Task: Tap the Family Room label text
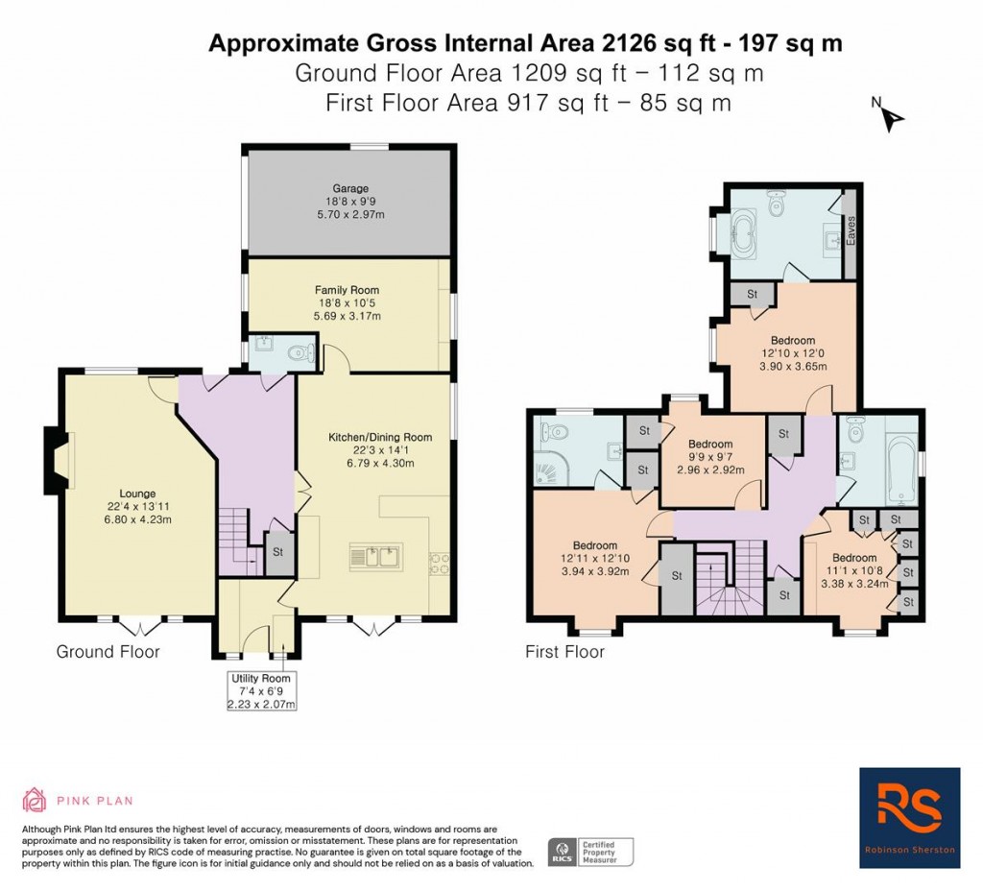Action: pyautogui.click(x=347, y=289)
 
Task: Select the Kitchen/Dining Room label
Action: pyautogui.click(x=379, y=437)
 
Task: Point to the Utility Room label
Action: pyautogui.click(x=253, y=678)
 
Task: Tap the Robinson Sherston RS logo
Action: pyautogui.click(x=909, y=817)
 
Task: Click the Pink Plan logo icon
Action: pyautogui.click(x=35, y=800)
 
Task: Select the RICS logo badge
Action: pyautogui.click(x=561, y=851)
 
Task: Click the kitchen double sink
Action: pyautogui.click(x=375, y=556)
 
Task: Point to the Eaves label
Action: pyautogui.click(x=850, y=231)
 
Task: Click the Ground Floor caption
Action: pyautogui.click(x=108, y=652)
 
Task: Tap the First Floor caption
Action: pyautogui.click(x=564, y=652)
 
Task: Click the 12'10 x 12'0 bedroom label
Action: pyautogui.click(x=792, y=340)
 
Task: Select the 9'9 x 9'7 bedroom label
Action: pyautogui.click(x=709, y=445)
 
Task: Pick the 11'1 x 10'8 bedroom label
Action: pyautogui.click(x=853, y=558)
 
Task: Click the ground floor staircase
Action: pyautogui.click(x=234, y=542)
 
